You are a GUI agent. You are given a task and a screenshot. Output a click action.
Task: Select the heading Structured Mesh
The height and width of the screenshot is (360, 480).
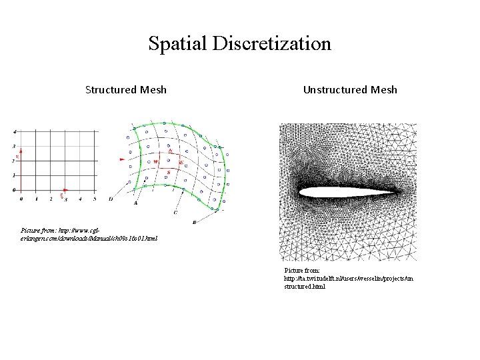tap(126, 89)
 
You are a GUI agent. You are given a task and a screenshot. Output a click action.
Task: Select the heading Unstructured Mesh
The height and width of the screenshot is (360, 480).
tap(350, 89)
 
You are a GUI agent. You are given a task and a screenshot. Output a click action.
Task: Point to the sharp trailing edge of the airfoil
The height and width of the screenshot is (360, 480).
tap(399, 194)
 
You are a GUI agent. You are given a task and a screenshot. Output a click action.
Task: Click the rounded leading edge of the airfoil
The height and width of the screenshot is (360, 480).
tap(301, 193)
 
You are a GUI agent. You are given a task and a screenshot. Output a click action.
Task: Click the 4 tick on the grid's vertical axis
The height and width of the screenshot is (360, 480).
tap(15, 131)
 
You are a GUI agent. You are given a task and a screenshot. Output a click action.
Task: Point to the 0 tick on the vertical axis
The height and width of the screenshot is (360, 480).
tap(15, 190)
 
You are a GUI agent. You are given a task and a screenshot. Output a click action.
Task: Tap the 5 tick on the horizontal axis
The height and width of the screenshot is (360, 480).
tap(94, 199)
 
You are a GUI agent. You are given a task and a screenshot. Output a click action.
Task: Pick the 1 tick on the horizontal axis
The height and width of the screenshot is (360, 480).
tap(36, 199)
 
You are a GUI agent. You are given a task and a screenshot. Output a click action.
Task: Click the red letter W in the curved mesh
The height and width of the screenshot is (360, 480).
tap(156, 162)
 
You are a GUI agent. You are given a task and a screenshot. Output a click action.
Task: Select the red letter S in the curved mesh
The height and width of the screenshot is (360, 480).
tap(169, 173)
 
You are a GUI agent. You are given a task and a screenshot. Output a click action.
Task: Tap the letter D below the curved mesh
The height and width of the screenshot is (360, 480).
tap(110, 199)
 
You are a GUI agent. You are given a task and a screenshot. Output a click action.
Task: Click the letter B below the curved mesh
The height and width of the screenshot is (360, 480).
tap(194, 221)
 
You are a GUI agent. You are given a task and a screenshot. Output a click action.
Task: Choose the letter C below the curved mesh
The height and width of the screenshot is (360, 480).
tap(175, 212)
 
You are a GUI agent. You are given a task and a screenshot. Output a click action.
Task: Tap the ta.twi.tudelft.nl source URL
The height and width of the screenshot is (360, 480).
tap(349, 278)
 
